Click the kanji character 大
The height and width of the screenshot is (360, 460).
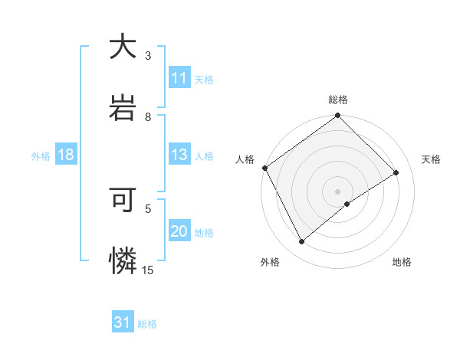point(123,47)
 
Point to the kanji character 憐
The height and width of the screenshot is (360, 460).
point(123,260)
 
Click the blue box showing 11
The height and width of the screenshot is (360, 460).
point(179,78)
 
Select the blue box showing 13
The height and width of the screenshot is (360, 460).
point(179,155)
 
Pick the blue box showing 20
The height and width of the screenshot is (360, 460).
point(179,231)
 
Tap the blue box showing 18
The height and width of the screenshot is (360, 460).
point(66,155)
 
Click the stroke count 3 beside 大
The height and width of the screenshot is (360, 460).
point(148,56)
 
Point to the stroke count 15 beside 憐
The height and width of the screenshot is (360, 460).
point(148,270)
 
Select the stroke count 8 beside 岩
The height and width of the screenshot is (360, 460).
point(148,116)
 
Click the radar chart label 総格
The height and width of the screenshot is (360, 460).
point(338,100)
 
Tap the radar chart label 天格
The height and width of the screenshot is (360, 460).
point(431,159)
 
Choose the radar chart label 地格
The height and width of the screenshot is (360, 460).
point(402,262)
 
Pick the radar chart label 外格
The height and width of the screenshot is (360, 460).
point(270,262)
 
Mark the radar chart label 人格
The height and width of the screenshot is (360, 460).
point(245,159)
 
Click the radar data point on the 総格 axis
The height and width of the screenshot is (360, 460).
point(338,116)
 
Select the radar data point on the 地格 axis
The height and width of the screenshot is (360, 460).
point(347,204)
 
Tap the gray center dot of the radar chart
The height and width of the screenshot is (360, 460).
point(338,191)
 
